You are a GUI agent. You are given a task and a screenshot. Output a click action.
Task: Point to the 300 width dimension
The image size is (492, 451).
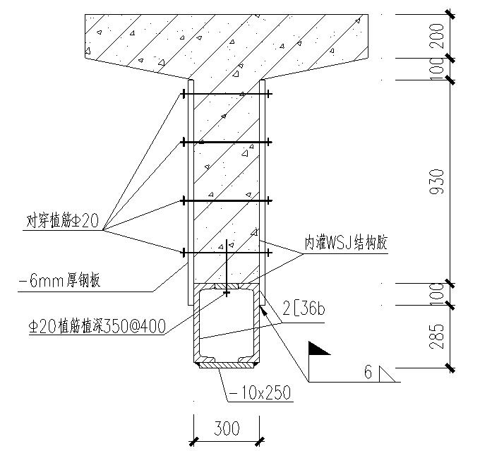tap(226, 428)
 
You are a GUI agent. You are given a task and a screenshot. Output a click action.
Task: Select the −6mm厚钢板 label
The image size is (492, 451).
tap(59, 281)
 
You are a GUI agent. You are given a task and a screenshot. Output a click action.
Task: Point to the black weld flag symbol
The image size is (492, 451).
tap(319, 348)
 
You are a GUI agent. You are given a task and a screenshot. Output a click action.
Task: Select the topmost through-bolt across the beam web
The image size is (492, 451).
tap(226, 94)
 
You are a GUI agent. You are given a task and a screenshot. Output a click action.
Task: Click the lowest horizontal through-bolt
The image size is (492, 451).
tap(226, 251)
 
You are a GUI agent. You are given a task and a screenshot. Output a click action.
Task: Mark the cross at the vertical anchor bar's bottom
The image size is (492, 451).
tap(226, 291)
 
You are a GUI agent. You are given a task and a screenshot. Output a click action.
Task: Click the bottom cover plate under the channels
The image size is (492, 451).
tap(226, 365)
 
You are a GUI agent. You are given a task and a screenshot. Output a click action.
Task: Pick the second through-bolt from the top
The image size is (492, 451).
tap(226, 143)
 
